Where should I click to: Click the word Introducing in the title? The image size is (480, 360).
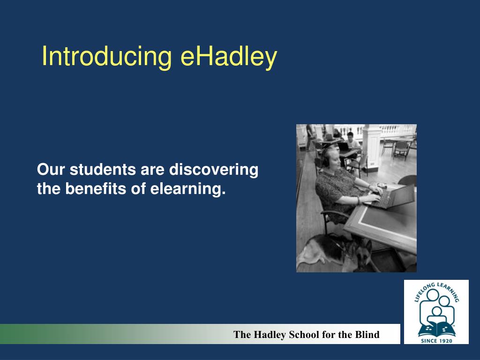[107, 57]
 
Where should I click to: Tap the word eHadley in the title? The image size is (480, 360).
[229, 57]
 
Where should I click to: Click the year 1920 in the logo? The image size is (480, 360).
[444, 340]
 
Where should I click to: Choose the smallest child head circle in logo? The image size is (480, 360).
[436, 311]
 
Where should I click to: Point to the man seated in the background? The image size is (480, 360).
[351, 140]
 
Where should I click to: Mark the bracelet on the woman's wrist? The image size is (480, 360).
[359, 200]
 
